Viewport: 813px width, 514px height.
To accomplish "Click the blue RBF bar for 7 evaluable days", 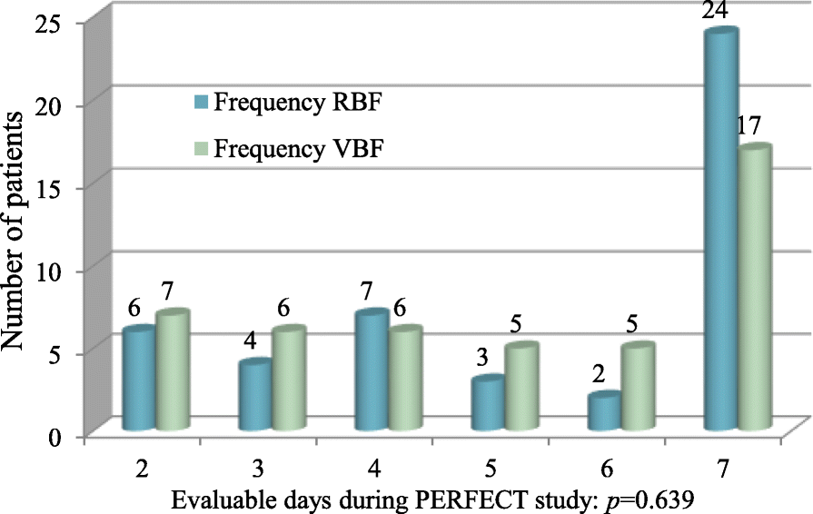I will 722,232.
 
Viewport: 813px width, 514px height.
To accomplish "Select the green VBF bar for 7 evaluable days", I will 753,288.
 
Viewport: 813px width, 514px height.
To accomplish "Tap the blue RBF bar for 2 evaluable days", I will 139,380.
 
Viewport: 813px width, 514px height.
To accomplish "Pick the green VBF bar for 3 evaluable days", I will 288,380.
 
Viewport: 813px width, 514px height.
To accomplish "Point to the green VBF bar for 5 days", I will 521,388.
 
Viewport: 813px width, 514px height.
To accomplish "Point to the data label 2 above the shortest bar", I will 597,375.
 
